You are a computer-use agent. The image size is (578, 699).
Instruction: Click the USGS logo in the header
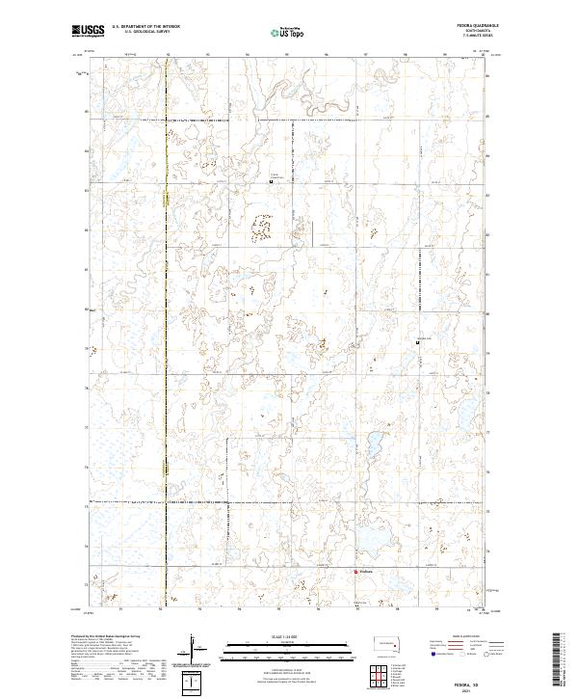pos(88,31)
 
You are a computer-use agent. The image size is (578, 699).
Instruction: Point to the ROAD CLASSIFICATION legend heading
pos(463,638)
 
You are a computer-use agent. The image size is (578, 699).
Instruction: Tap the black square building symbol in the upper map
pos(271,180)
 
